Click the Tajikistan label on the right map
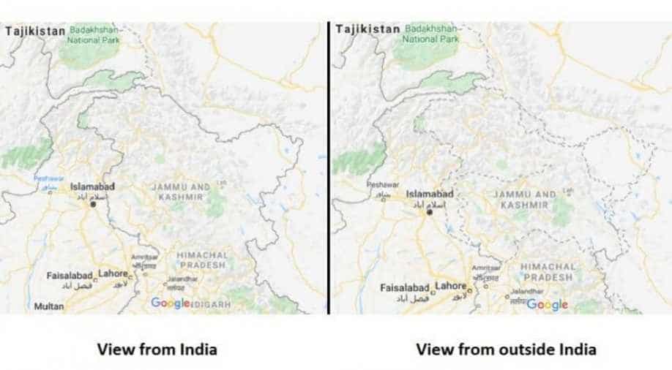(367, 29)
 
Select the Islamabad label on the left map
(92, 186)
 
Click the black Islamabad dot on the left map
(93, 205)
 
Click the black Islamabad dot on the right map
(430, 212)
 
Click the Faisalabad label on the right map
(406, 288)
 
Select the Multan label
(48, 306)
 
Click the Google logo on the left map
(170, 303)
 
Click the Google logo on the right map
(547, 305)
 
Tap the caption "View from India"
(157, 349)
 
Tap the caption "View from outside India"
(506, 349)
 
